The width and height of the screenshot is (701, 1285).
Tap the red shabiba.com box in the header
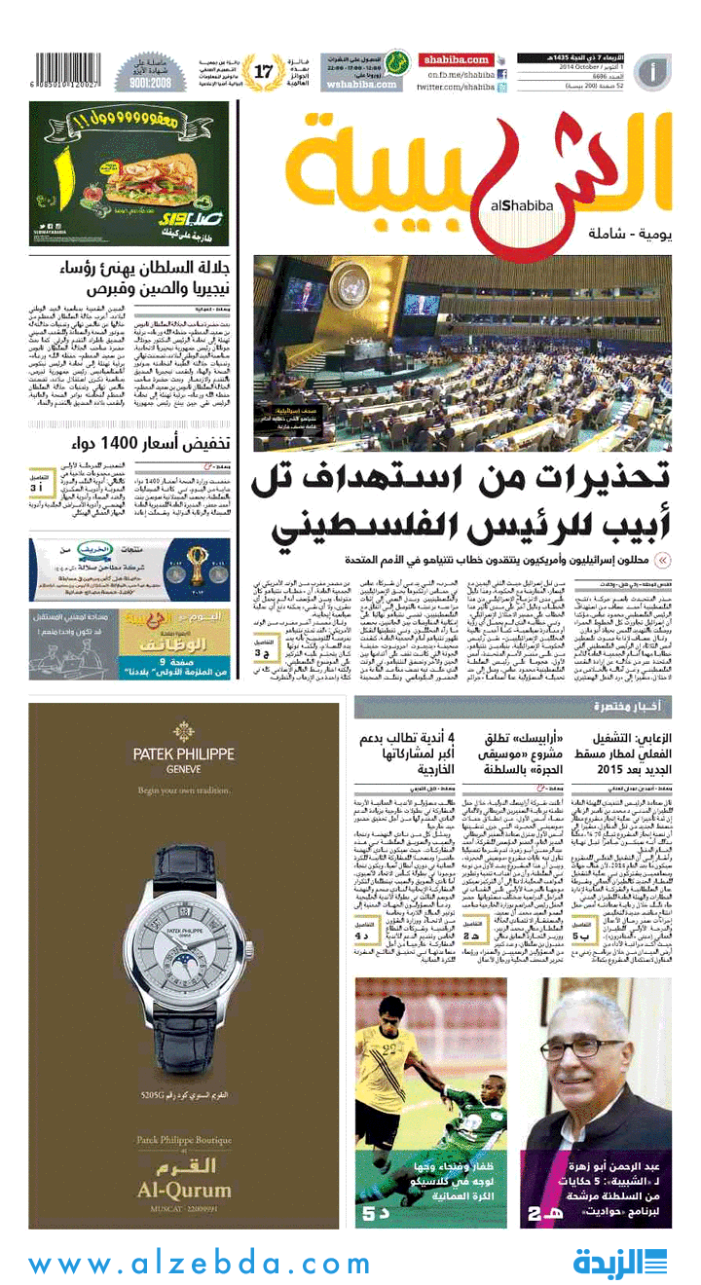point(456,59)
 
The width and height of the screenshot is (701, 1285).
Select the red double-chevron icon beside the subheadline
point(662,560)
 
